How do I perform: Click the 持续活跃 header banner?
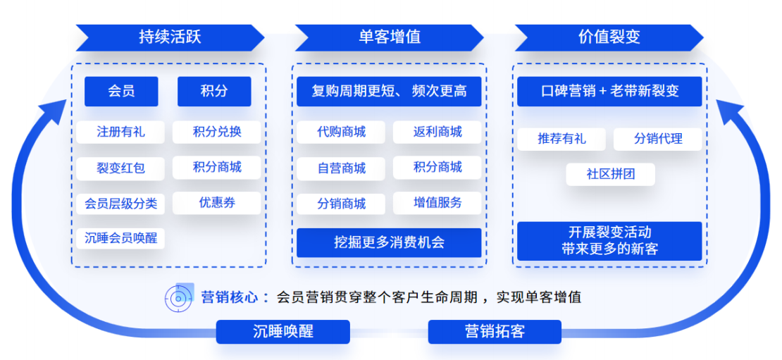[170, 37]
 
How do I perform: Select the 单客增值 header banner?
[390, 37]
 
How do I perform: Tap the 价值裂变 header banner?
[609, 37]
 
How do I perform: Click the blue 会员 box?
[121, 92]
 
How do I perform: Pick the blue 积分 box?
[214, 92]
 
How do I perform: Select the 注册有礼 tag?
[120, 132]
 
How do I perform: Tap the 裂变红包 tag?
[120, 168]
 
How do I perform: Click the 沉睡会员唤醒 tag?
[120, 238]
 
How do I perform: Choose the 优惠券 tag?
[217, 203]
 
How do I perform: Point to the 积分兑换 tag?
[217, 132]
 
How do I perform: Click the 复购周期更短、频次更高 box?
[389, 92]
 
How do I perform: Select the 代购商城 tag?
[341, 132]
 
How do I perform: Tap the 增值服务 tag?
[437, 203]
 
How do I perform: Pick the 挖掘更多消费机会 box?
[389, 243]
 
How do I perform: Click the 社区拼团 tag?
[611, 174]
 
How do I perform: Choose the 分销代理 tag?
[658, 139]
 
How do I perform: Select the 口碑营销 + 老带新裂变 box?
[609, 92]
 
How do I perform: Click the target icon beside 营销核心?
[179, 298]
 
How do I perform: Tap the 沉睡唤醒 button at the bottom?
[283, 332]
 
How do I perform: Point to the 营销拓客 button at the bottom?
[495, 332]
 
